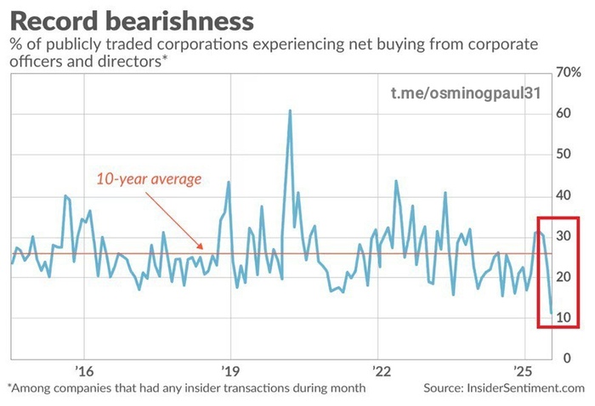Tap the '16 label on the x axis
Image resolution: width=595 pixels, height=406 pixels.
82,371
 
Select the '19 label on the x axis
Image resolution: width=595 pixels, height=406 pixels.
231,371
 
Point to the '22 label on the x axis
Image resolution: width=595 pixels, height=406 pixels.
380,371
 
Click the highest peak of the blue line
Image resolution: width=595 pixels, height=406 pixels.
290,110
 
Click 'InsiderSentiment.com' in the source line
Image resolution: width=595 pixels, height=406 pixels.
526,388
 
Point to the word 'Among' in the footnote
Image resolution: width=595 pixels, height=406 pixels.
34,388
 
